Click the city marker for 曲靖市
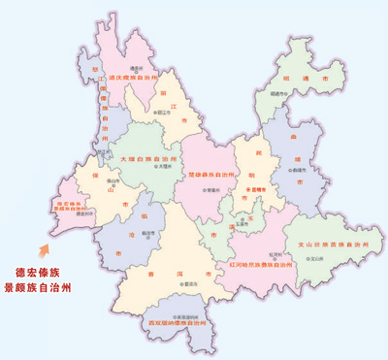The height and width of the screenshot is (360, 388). (x=291, y=169)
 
